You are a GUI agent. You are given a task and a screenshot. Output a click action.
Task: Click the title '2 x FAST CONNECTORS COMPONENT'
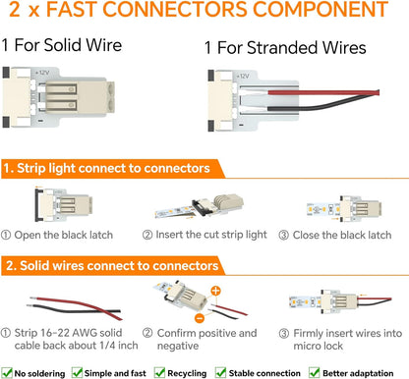coord(204,15)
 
